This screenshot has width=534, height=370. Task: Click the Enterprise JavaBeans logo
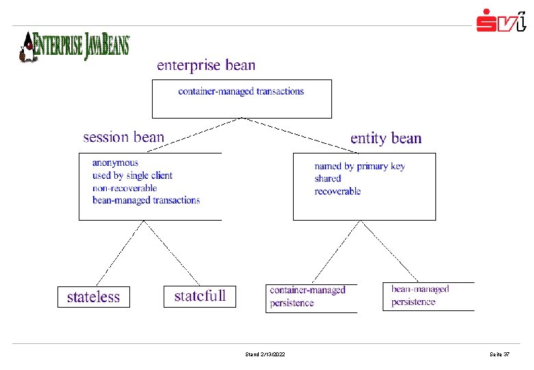click(74, 46)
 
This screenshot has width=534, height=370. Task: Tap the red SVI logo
click(501, 21)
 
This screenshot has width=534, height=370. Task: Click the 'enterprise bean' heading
click(206, 66)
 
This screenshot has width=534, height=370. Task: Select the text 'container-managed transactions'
click(241, 91)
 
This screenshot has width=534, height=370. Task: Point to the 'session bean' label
click(124, 137)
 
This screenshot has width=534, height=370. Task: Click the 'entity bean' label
click(385, 138)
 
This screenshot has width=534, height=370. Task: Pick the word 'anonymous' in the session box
click(115, 163)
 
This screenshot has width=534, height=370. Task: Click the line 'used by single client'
click(132, 175)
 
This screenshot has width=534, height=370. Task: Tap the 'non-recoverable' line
click(125, 188)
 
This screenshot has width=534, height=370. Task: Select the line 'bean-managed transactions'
click(146, 200)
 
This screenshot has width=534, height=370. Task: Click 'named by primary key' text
click(359, 166)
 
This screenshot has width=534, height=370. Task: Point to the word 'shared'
click(328, 179)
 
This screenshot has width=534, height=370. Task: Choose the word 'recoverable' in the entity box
click(338, 191)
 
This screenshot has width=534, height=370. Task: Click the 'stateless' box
click(93, 297)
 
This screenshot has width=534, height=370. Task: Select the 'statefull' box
click(199, 296)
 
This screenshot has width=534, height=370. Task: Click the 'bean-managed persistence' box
click(427, 296)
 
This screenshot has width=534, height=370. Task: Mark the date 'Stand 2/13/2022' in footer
click(265, 354)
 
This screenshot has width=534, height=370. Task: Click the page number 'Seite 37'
click(499, 354)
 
